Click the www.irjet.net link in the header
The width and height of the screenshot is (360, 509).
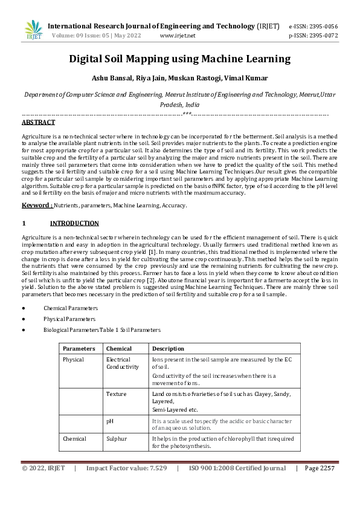pos(178,36)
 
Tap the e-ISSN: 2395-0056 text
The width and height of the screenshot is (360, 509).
pos(313,27)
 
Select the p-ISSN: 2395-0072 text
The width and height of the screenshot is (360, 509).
pos(313,36)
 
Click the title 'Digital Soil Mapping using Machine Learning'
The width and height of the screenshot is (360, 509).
pos(179,59)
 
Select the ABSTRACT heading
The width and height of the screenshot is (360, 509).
pos(38,122)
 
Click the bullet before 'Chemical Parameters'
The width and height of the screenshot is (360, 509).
pos(23,308)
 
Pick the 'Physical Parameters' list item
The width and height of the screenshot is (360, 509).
pos(69,319)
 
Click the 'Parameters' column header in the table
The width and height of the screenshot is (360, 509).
pos(79,349)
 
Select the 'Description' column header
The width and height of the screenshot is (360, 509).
pos(168,349)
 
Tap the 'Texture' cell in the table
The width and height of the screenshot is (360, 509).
pos(116,394)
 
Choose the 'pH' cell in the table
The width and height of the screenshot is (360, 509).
pos(110,420)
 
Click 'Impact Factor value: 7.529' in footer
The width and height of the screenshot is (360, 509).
pos(126,468)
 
